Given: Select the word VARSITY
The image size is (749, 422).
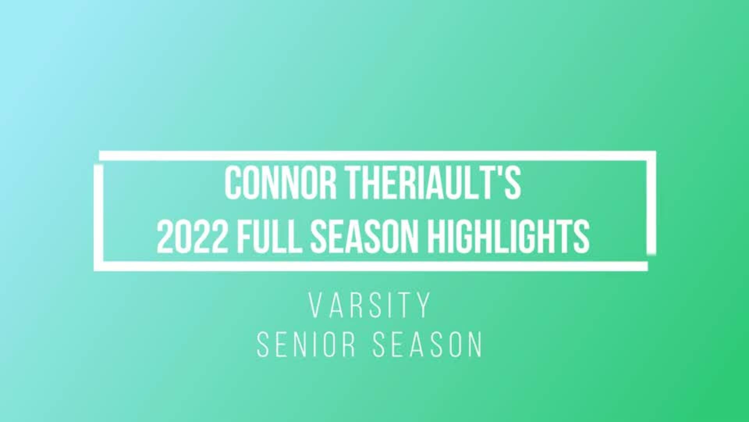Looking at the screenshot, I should click(x=370, y=305).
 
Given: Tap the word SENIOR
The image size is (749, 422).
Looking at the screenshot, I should click(x=307, y=345).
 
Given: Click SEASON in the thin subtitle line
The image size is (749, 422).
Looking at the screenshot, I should click(x=428, y=345).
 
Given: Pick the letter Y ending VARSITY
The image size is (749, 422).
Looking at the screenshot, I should click(x=424, y=305).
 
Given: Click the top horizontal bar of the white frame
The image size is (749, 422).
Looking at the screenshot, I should click(x=374, y=156).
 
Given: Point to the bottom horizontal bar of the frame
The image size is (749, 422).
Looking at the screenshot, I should click(x=371, y=266).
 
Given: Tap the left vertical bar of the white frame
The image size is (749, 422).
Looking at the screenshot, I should click(x=98, y=217).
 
